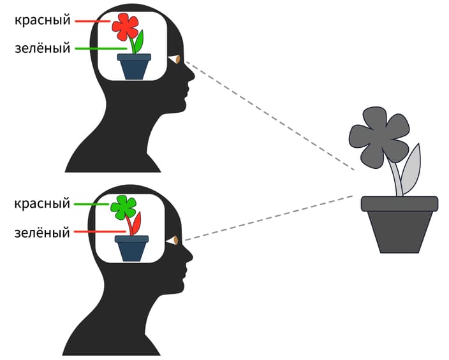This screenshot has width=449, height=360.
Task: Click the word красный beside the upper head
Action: pos(42,20)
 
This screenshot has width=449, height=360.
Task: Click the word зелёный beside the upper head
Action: pos(42,48)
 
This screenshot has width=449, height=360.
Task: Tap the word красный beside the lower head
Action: pos(42,204)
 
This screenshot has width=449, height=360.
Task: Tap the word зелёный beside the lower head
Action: pos(42,233)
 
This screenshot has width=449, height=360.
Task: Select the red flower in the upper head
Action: pos(125,25)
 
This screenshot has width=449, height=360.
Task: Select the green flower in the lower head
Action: pos(123,206)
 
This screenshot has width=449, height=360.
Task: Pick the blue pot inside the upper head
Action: pos(134,66)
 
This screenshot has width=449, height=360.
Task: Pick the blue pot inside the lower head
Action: pos(131,248)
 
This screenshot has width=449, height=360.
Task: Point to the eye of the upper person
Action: pos(175,61)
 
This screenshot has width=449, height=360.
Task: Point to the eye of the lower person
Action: pos(173,241)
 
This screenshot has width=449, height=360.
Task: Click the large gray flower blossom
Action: pos(378,136)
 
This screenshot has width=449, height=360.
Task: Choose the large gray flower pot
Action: pos(399,223)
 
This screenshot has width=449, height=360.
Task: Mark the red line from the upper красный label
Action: pos(93,21)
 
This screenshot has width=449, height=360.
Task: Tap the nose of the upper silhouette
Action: pos(191,75)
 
